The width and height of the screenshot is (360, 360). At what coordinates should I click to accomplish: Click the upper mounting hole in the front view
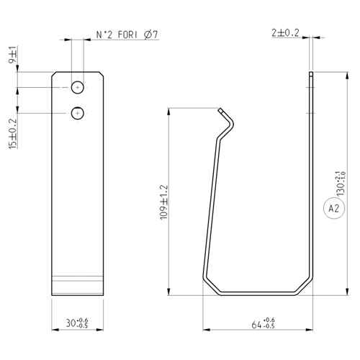click(x=78, y=87)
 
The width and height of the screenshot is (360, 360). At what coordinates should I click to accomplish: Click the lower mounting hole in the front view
click(x=78, y=113)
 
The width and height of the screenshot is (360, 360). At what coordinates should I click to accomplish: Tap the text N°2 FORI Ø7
click(x=127, y=35)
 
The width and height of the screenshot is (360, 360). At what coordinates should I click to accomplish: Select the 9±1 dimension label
click(x=13, y=55)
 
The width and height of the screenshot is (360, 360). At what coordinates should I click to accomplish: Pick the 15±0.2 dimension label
click(x=13, y=134)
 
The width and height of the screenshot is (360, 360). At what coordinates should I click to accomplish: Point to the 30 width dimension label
click(x=77, y=323)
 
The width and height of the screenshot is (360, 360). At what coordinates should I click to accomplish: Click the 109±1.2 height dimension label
click(x=164, y=202)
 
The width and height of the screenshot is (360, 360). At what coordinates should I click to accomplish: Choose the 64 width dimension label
click(x=263, y=323)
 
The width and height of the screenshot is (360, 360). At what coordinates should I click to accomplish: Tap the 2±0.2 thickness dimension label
click(x=285, y=33)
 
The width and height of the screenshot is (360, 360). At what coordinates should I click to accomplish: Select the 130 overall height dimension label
click(x=341, y=183)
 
